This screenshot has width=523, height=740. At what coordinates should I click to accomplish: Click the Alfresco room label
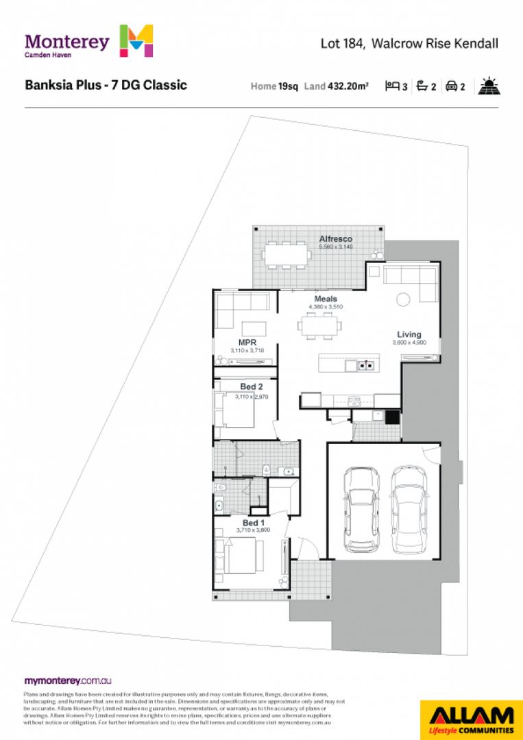335,238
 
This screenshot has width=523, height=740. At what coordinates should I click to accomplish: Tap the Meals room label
326,299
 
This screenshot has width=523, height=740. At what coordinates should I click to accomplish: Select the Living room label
409,334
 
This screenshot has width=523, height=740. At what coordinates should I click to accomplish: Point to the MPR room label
247,342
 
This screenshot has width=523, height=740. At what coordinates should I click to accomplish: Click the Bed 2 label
252,387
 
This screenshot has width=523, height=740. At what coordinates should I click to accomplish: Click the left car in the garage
361,508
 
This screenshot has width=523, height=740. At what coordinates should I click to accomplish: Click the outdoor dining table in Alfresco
286,255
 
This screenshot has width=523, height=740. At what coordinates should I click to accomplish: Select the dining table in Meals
319,325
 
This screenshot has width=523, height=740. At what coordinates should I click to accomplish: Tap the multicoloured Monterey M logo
136,41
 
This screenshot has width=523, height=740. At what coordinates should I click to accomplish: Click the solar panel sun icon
489,86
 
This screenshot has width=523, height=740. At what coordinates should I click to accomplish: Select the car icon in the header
452,87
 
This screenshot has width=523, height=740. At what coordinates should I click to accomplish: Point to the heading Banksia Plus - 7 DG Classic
106,86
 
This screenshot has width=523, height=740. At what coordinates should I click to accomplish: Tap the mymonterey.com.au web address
68,681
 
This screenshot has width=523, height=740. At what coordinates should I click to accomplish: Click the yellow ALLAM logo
470,719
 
